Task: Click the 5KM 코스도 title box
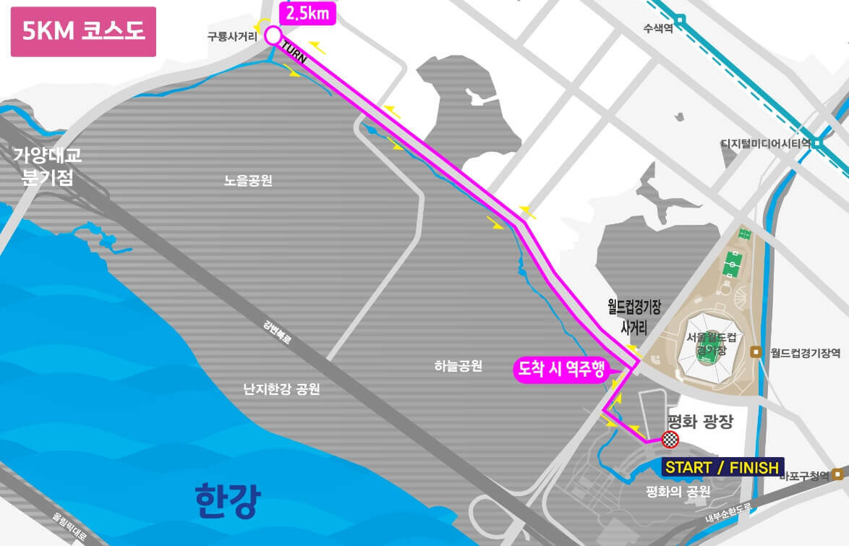pyautogui.click(x=83, y=32)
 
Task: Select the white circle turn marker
pyautogui.click(x=273, y=35)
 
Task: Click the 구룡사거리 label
pyautogui.click(x=232, y=35)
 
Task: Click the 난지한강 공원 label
pyautogui.click(x=281, y=389)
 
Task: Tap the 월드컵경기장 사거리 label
pyautogui.click(x=634, y=317)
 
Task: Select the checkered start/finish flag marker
pyautogui.click(x=670, y=440)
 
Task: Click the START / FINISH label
pyautogui.click(x=721, y=467)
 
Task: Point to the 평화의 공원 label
pyautogui.click(x=678, y=492)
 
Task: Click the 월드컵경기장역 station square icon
pyautogui.click(x=755, y=352)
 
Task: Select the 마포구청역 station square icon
pyautogui.click(x=837, y=474)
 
